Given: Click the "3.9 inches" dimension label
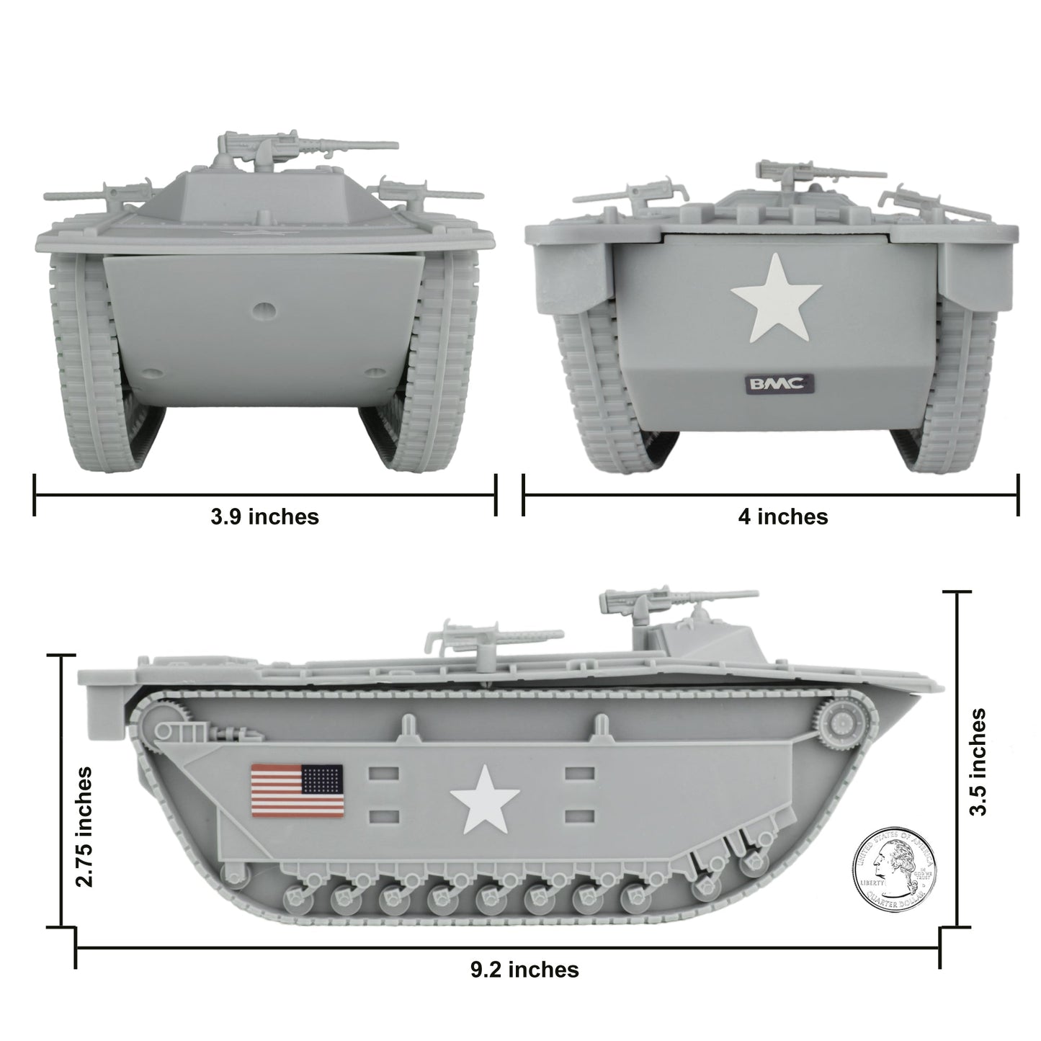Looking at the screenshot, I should tap(264, 517).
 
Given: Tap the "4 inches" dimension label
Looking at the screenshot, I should tap(782, 517).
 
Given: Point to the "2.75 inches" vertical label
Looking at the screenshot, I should tap(85, 826).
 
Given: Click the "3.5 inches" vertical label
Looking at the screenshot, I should tap(978, 761).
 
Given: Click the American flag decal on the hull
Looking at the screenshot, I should tap(297, 790).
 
